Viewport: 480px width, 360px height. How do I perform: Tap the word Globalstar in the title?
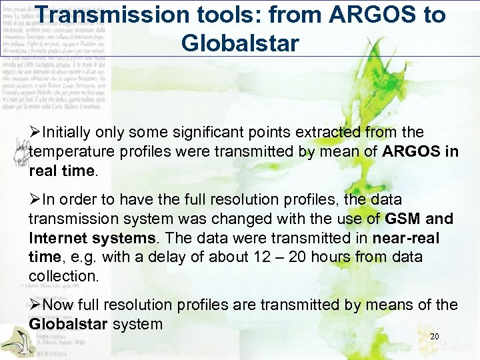coord(239,43)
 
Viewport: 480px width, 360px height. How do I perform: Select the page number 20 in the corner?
coord(435,336)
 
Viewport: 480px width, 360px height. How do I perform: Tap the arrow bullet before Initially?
coord(34,133)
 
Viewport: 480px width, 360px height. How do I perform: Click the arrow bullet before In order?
coord(34,199)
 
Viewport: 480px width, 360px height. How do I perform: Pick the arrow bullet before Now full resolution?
coord(34,305)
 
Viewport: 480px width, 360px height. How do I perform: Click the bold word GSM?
coord(400,219)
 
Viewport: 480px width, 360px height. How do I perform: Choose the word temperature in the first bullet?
coord(70,151)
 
